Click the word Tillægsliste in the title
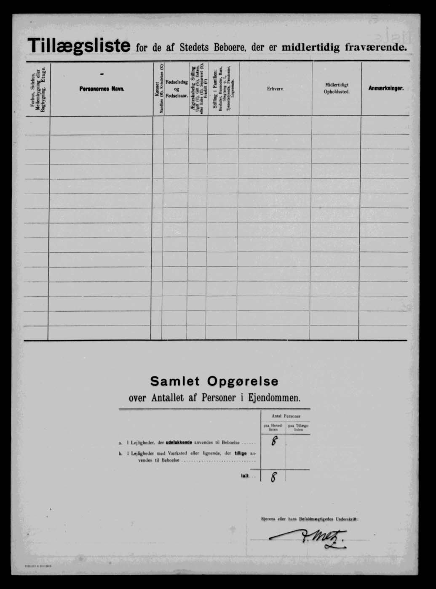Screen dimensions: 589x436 (79, 45)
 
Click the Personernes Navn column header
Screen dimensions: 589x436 (102, 89)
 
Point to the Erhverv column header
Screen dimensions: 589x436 (275, 89)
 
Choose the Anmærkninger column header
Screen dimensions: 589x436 (386, 88)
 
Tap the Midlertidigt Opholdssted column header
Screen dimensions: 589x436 (337, 88)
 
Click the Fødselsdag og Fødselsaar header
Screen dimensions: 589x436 (177, 89)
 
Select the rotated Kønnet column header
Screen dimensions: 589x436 (158, 89)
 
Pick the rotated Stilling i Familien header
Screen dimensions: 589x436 (223, 89)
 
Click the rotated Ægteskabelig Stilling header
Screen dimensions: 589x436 (198, 89)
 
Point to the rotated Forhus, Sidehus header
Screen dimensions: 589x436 (38, 89)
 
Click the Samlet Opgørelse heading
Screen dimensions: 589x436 (214, 381)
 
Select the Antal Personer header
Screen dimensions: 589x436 (286, 416)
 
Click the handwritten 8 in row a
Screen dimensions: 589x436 (274, 441)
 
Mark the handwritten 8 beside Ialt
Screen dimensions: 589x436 (273, 477)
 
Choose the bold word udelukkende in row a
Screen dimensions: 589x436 (179, 443)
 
